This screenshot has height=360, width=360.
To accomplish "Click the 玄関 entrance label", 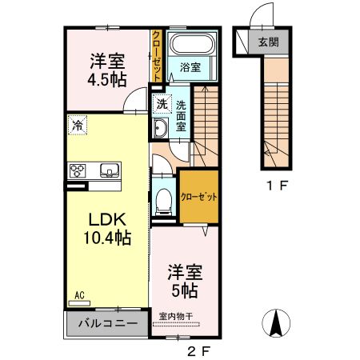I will (x=268, y=42).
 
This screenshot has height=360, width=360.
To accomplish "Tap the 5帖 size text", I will (x=182, y=288).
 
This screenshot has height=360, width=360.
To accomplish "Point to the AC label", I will (x=80, y=295).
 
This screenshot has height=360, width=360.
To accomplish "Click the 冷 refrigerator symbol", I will (x=78, y=125).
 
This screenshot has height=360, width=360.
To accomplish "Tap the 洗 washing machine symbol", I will (x=161, y=104).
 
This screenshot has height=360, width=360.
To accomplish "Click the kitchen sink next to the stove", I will (x=109, y=170).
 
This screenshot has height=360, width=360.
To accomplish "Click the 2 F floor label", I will (x=198, y=350).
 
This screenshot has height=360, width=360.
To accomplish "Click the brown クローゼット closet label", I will (x=198, y=196).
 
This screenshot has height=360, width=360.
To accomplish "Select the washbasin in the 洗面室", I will (x=159, y=130).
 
